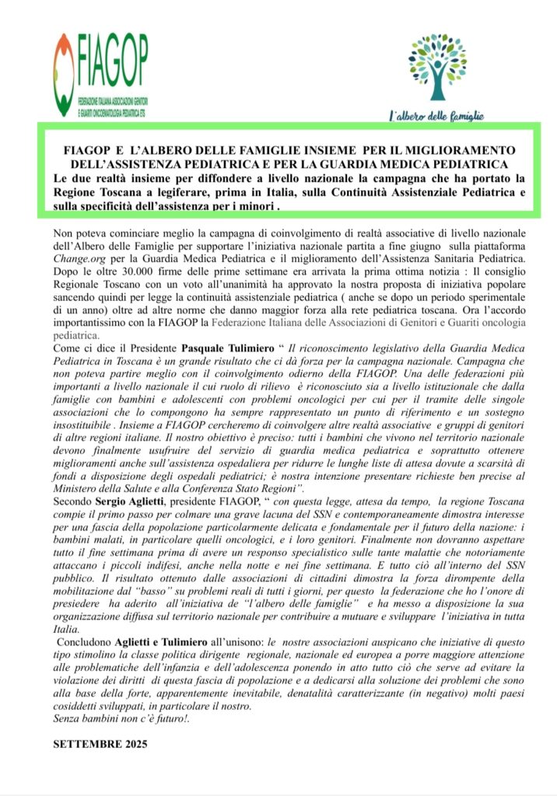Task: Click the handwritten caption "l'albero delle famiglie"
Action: click(x=436, y=116)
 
